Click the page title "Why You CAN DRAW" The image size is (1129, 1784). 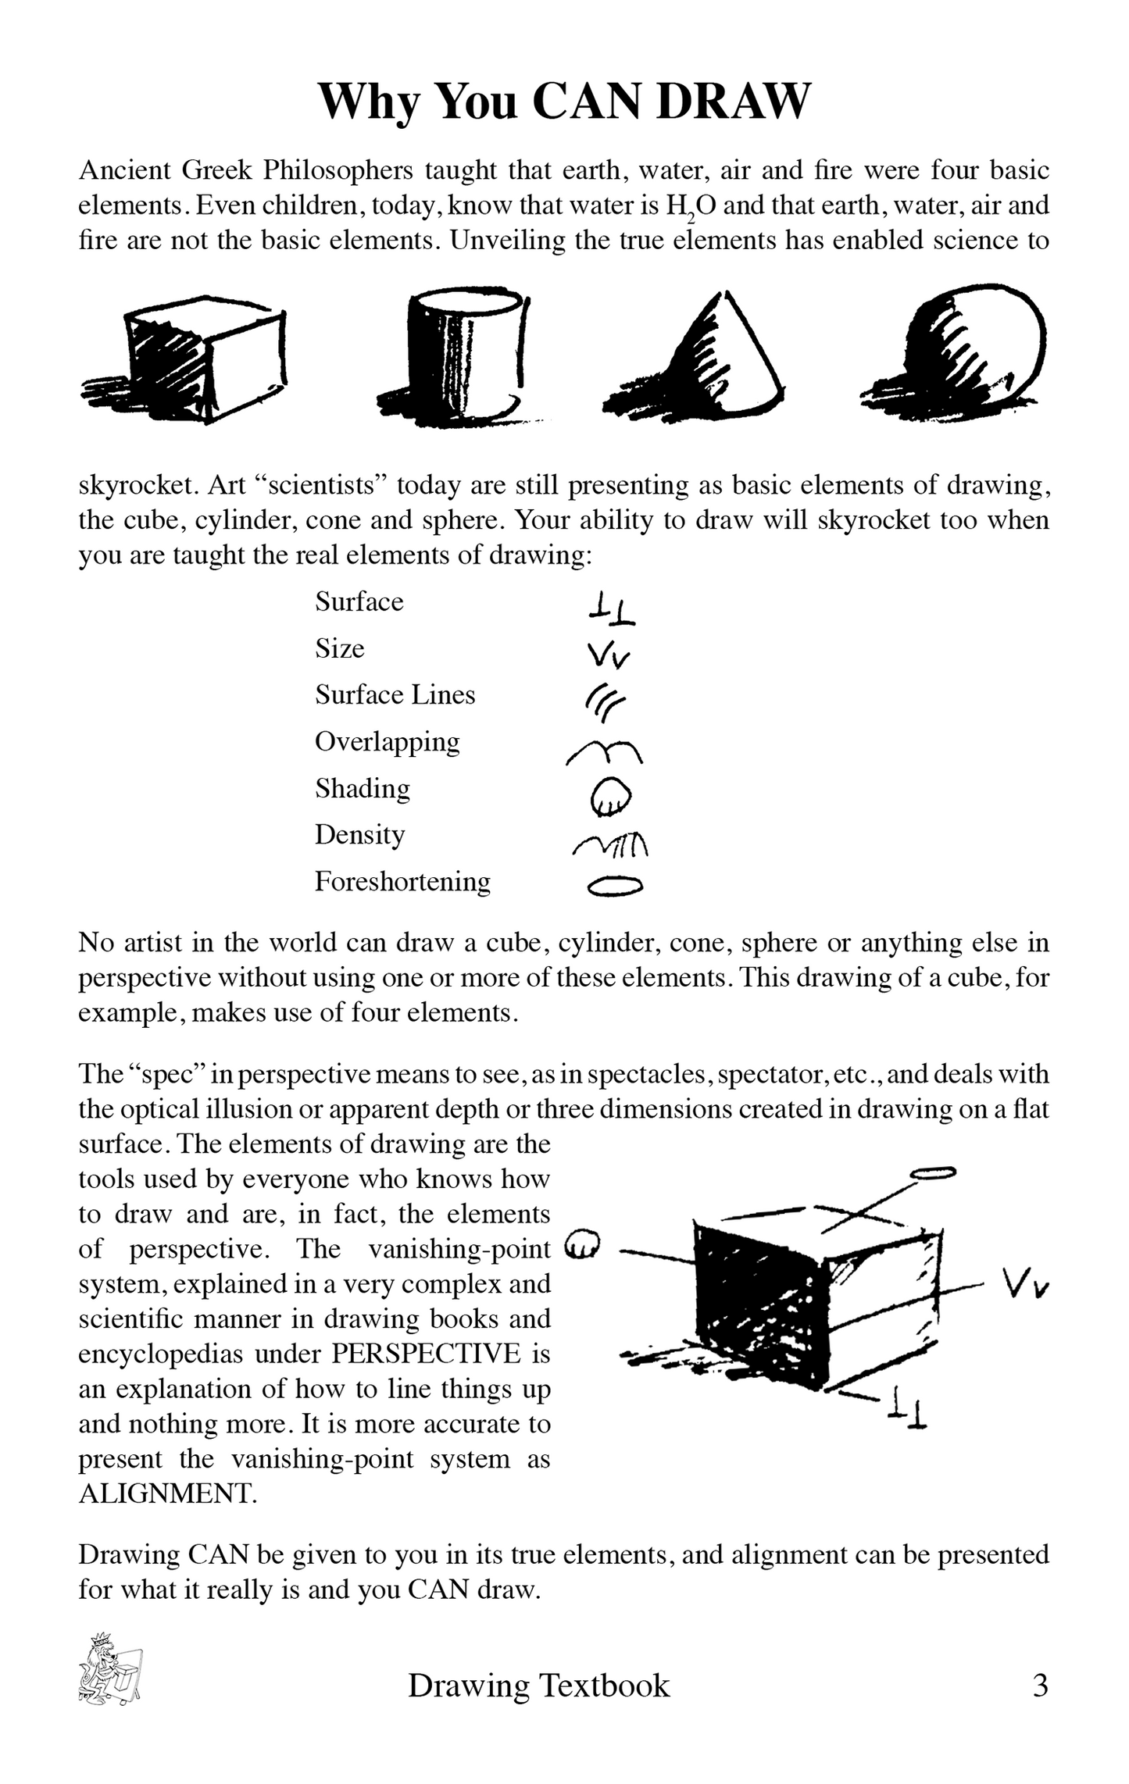tap(564, 102)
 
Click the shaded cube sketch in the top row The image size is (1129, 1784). tap(188, 360)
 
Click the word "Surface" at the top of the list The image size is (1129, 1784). tap(359, 602)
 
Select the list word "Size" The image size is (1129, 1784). tap(340, 649)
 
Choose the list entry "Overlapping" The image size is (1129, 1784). tap(388, 743)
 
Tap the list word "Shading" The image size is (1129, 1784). tap(363, 789)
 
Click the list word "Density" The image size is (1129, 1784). tap(359, 835)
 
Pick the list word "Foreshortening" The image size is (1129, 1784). tap(402, 882)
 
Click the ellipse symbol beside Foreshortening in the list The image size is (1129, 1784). tap(615, 886)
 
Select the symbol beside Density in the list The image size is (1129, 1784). tap(611, 844)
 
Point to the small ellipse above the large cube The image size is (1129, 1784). tap(934, 1172)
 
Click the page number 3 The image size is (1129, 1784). tap(1040, 1686)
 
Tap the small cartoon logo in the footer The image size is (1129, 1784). tap(109, 1668)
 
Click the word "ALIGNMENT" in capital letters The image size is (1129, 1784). tap(167, 1493)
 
